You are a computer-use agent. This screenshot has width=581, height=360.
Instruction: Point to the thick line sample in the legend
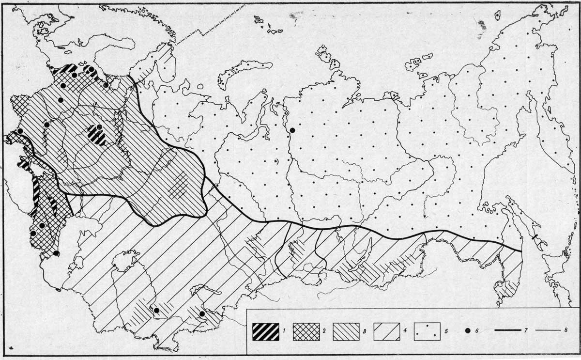(x=510, y=332)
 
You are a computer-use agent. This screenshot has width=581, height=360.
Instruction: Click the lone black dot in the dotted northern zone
(x=292, y=130)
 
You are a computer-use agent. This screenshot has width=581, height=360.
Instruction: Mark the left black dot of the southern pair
(x=156, y=310)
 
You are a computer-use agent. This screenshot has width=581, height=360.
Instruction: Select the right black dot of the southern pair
(x=202, y=313)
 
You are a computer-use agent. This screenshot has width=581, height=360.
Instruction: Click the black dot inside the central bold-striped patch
(x=99, y=127)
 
